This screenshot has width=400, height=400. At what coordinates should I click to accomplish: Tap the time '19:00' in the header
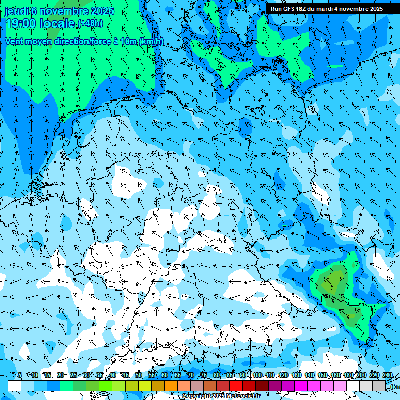click(x=20, y=23)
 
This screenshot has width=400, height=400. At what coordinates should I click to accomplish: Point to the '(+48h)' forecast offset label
click(x=90, y=23)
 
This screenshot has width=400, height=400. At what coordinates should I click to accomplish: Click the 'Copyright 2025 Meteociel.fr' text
click(x=221, y=396)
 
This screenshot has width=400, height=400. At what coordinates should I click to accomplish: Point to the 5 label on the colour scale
click(x=20, y=375)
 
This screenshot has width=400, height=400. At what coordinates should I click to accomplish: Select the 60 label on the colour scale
click(x=165, y=375)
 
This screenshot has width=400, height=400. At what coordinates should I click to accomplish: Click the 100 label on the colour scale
click(x=257, y=375)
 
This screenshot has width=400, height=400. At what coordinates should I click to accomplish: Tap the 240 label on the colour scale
click(x=387, y=375)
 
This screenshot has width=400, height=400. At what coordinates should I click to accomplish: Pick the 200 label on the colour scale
click(x=361, y=375)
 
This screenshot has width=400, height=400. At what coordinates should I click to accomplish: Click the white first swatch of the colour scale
click(x=15, y=385)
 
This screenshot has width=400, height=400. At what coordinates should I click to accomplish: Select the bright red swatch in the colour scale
click(x=236, y=385)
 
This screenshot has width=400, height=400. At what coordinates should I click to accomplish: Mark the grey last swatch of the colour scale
click(x=379, y=385)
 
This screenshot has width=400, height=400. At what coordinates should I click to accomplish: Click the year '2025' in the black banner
click(x=373, y=9)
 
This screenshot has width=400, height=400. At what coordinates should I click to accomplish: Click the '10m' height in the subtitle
click(x=128, y=42)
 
